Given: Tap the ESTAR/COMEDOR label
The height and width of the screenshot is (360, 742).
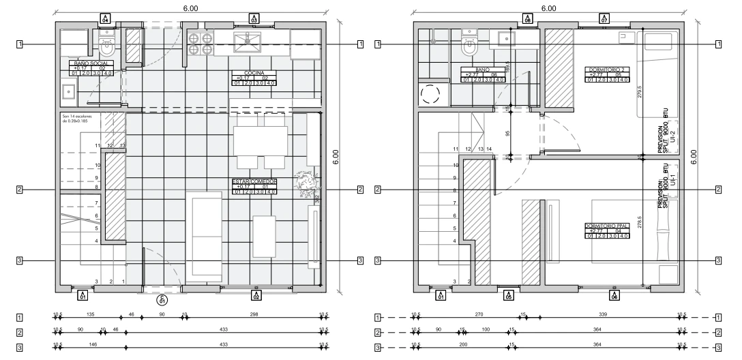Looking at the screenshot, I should click(254, 181).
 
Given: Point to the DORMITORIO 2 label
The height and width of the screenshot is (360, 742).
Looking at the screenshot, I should click(607, 69).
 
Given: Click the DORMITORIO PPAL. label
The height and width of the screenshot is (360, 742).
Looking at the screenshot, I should click(606, 226).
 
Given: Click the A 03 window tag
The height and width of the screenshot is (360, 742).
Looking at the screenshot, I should click(254, 18).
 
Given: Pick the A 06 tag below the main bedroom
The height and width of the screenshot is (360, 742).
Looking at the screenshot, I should click(614, 295).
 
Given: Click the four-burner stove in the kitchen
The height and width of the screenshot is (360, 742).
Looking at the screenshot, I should click(200, 44).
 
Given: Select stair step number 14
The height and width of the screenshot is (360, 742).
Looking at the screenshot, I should click(489, 149).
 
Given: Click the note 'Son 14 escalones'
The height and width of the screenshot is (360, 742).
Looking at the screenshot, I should click(76, 119).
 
